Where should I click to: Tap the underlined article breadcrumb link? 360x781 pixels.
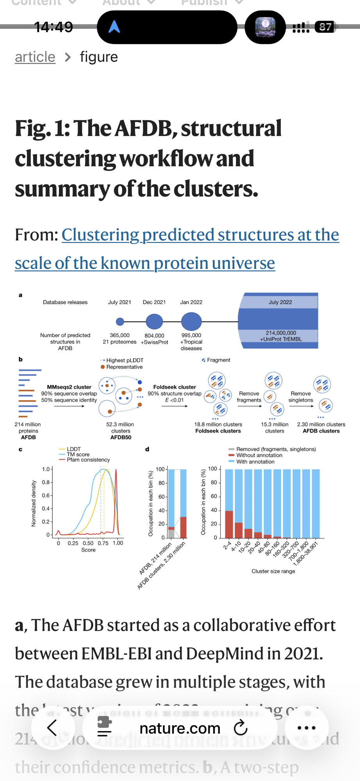point(35,57)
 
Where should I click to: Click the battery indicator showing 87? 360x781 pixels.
point(325,27)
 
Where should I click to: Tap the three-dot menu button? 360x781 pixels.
point(307,728)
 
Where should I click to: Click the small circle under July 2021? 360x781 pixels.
point(120,322)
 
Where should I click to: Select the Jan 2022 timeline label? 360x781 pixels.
point(191,302)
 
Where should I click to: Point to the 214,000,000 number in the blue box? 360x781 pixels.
point(281,333)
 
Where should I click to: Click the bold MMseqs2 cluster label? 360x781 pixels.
point(69,387)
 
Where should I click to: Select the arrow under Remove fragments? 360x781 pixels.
point(249,406)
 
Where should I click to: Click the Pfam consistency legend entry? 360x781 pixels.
point(88,460)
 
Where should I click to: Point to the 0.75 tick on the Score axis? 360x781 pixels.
point(103,543)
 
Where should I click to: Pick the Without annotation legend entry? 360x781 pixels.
point(259,455)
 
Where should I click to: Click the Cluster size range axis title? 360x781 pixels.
point(273,571)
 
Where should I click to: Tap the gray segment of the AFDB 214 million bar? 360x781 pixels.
point(171,533)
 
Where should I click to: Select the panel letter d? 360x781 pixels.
point(147,449)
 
